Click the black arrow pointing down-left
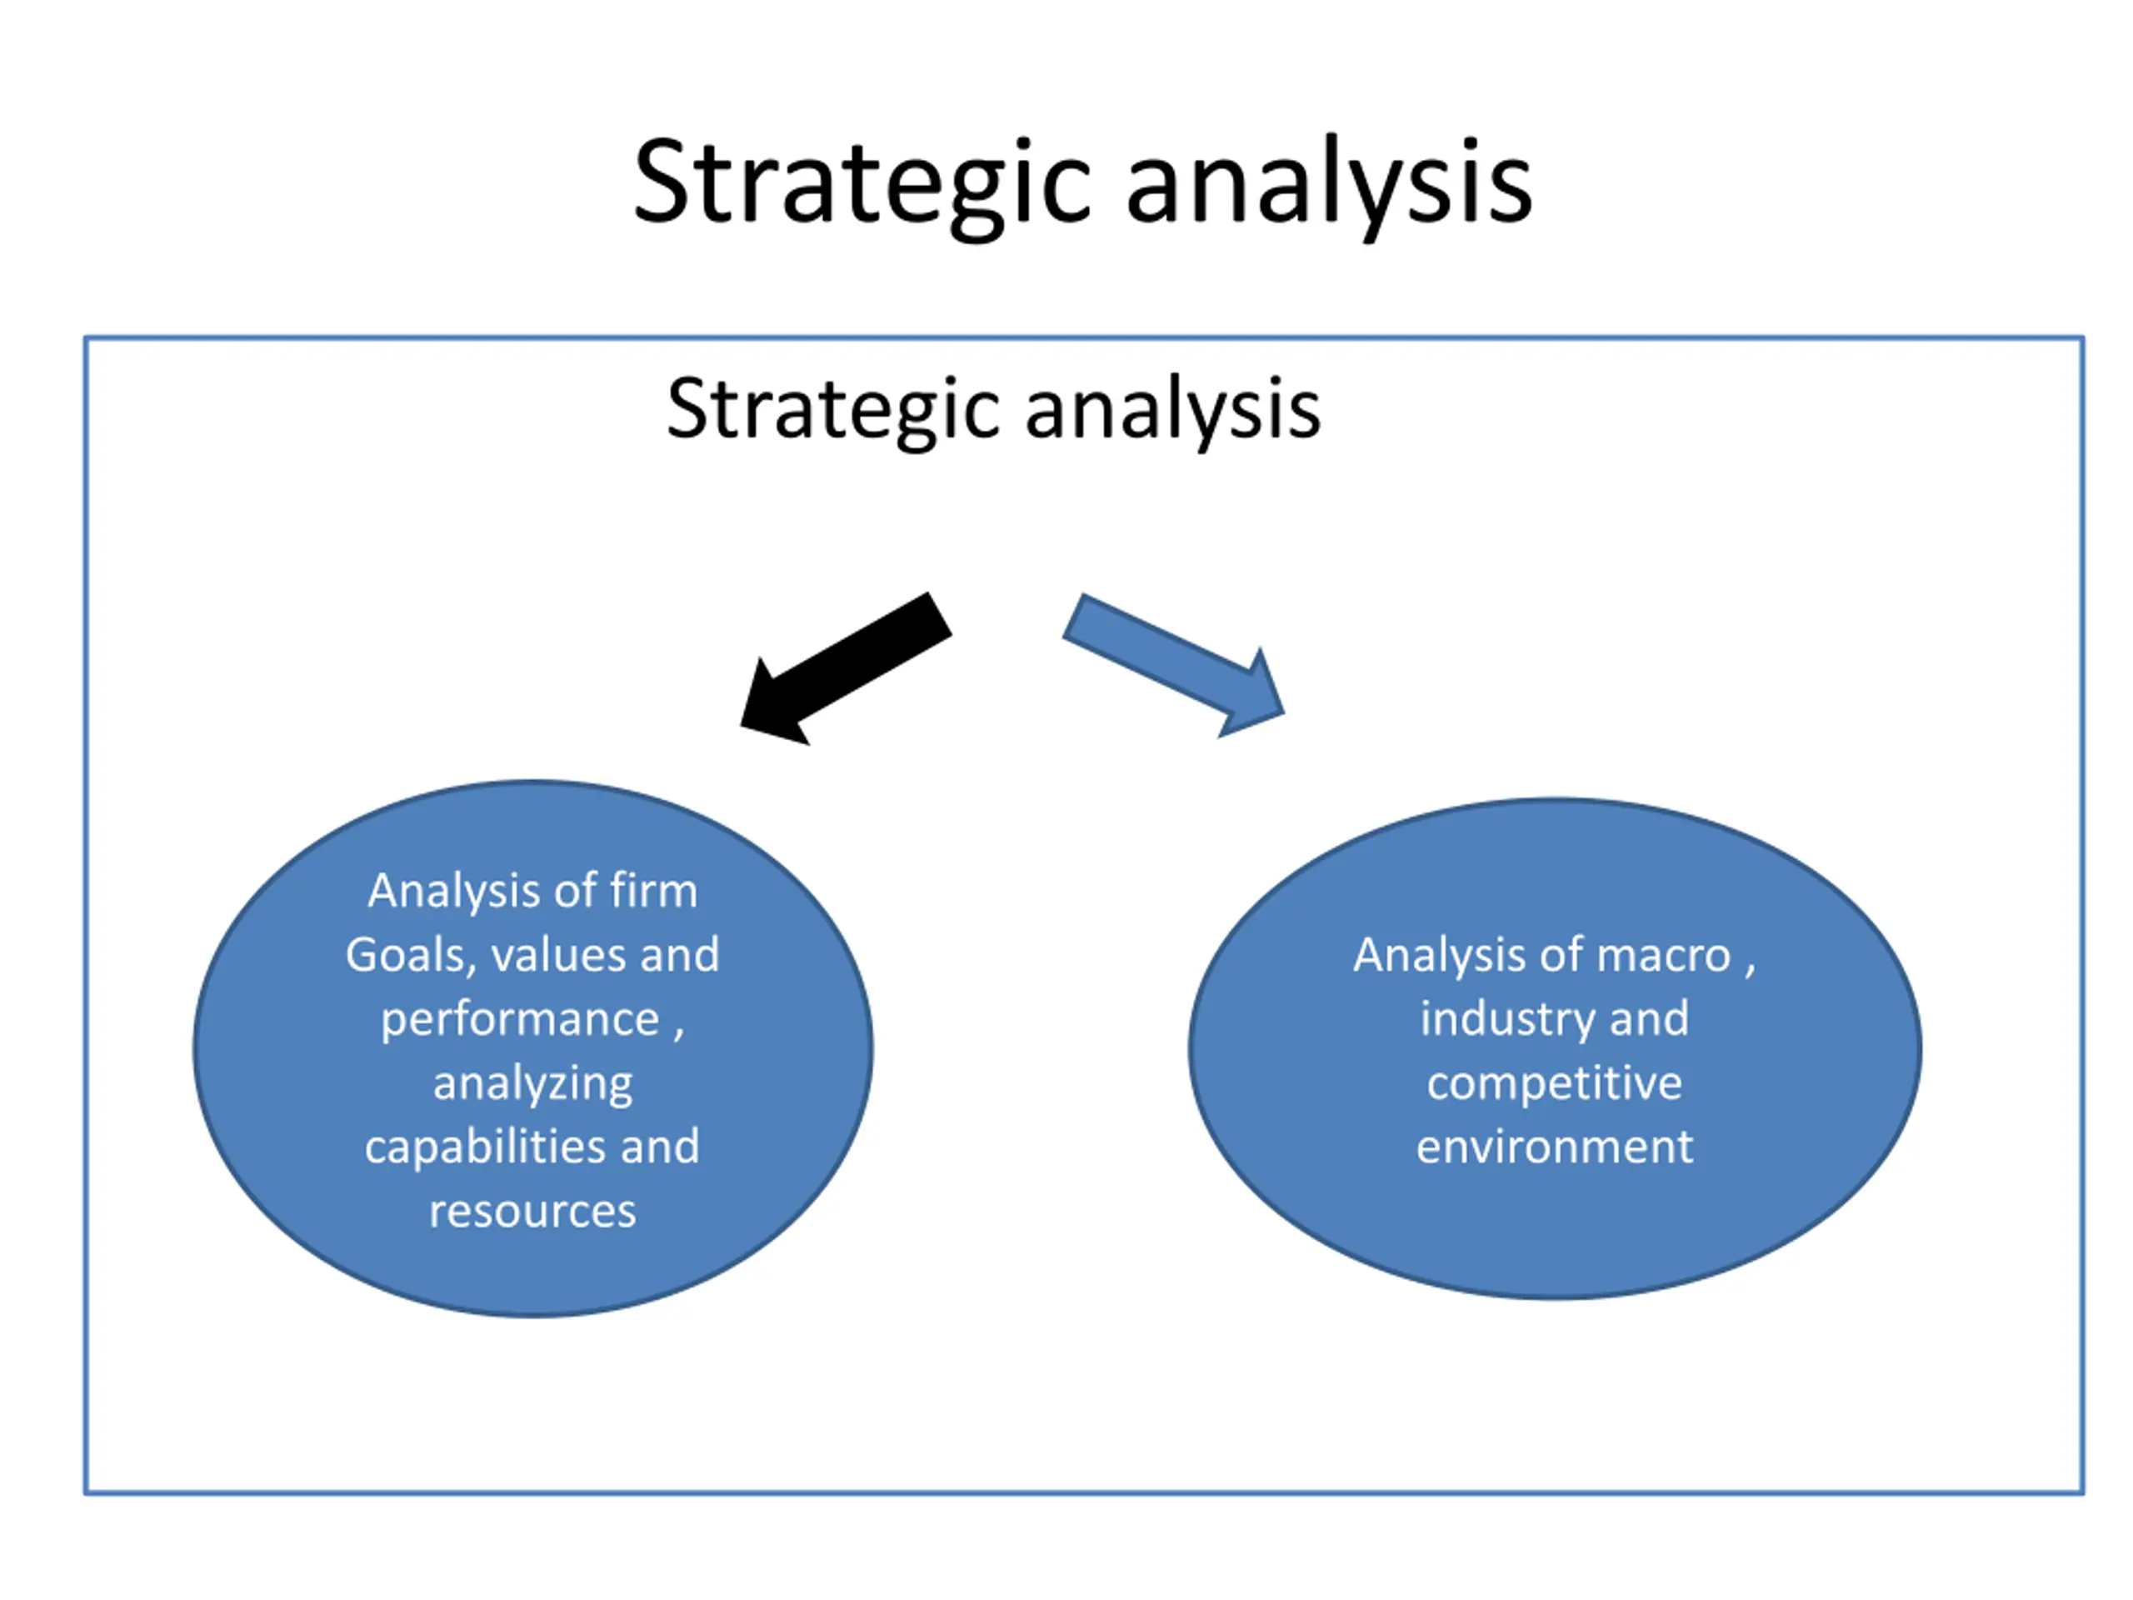coord(845,669)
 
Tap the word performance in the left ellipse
coord(520,1020)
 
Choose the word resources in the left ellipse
coord(532,1212)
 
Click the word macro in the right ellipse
coord(1663,956)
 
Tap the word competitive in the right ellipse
coord(1555,1083)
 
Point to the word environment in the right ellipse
coord(1555,1147)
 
